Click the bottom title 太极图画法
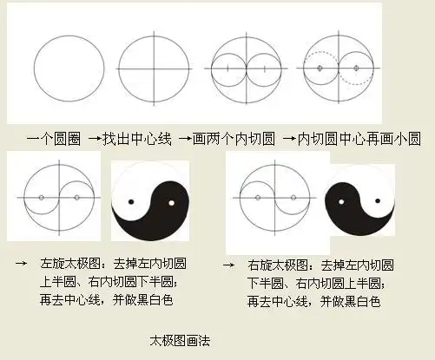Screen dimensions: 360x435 pyautogui.click(x=180, y=341)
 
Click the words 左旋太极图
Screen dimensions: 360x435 pyautogui.click(x=69, y=263)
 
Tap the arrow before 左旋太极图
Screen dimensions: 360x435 pyautogui.click(x=20, y=262)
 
